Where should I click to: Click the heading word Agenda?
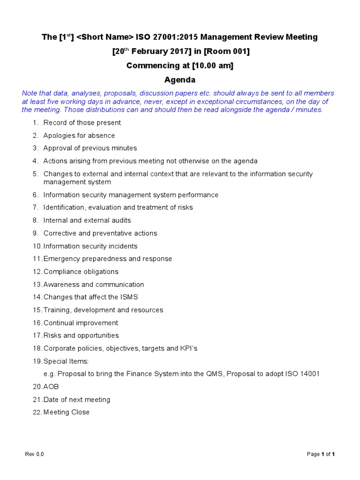180,80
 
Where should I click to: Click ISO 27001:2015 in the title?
165,37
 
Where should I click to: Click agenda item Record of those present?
82,123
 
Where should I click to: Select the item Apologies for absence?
79,135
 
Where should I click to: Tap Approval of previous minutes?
90,148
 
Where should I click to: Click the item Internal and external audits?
87,220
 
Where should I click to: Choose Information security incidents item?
90,246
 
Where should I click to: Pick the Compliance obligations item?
81,272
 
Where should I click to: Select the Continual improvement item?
81,323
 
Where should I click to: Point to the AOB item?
51,387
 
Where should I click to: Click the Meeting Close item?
66,412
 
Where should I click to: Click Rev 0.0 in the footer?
34,454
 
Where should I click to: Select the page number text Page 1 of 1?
321,454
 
